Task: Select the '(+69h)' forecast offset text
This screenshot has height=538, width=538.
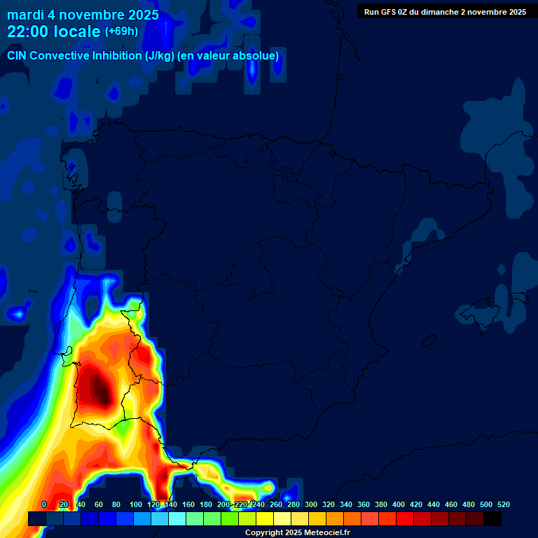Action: (x=121, y=32)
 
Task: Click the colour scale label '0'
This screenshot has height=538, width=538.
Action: (x=44, y=504)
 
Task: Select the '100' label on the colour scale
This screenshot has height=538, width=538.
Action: (x=136, y=504)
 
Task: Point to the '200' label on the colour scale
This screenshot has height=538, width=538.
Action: (x=223, y=504)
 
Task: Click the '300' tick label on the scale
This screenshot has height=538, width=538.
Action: (x=311, y=504)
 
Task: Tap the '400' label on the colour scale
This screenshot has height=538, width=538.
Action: (x=399, y=504)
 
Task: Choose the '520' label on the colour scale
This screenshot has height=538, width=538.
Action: (x=503, y=504)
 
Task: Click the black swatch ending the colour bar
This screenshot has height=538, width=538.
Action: (x=492, y=518)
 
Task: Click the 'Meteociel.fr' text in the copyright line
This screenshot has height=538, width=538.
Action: (x=326, y=533)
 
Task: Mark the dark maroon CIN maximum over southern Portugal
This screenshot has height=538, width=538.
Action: (x=100, y=389)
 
